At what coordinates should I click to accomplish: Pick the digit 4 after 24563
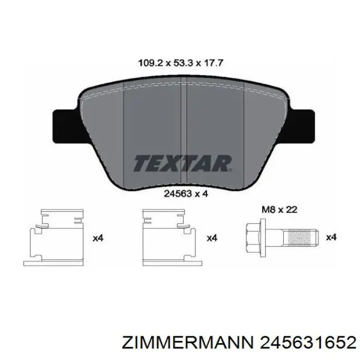(205, 194)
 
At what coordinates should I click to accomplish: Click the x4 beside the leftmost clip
(98, 238)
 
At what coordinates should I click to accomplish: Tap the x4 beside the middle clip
(212, 238)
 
